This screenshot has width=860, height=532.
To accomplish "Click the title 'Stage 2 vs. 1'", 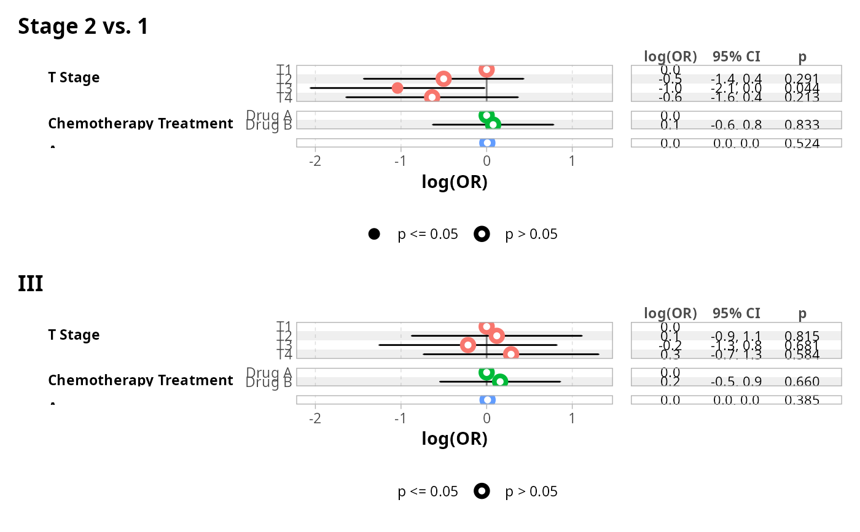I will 83,26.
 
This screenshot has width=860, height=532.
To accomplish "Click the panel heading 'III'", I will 31,284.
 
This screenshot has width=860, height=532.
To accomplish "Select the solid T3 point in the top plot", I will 397,88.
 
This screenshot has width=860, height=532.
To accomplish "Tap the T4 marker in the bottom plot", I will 510,354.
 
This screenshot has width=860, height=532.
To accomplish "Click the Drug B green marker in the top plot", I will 493,125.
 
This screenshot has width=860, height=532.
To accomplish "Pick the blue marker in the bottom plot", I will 487,400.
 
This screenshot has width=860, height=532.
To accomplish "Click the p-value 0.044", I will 802,88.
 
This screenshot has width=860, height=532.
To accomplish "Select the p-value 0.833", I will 802,125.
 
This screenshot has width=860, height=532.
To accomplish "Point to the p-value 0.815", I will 802,336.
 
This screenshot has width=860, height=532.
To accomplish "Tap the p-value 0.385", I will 802,401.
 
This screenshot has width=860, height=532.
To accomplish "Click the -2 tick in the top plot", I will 315,161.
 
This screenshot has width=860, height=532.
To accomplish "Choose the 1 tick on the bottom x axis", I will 572,418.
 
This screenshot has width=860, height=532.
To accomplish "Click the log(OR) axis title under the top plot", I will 455,182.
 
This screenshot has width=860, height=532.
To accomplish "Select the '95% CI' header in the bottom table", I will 736,313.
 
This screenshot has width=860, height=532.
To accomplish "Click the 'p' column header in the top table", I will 802,57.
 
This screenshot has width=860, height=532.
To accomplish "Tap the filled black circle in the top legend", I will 373,234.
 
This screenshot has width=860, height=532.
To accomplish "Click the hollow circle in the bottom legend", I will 482,491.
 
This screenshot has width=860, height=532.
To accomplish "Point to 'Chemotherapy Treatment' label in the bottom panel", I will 141,380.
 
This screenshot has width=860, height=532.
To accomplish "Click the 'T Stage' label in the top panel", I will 74,77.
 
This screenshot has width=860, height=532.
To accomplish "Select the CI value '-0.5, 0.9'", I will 736,382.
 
